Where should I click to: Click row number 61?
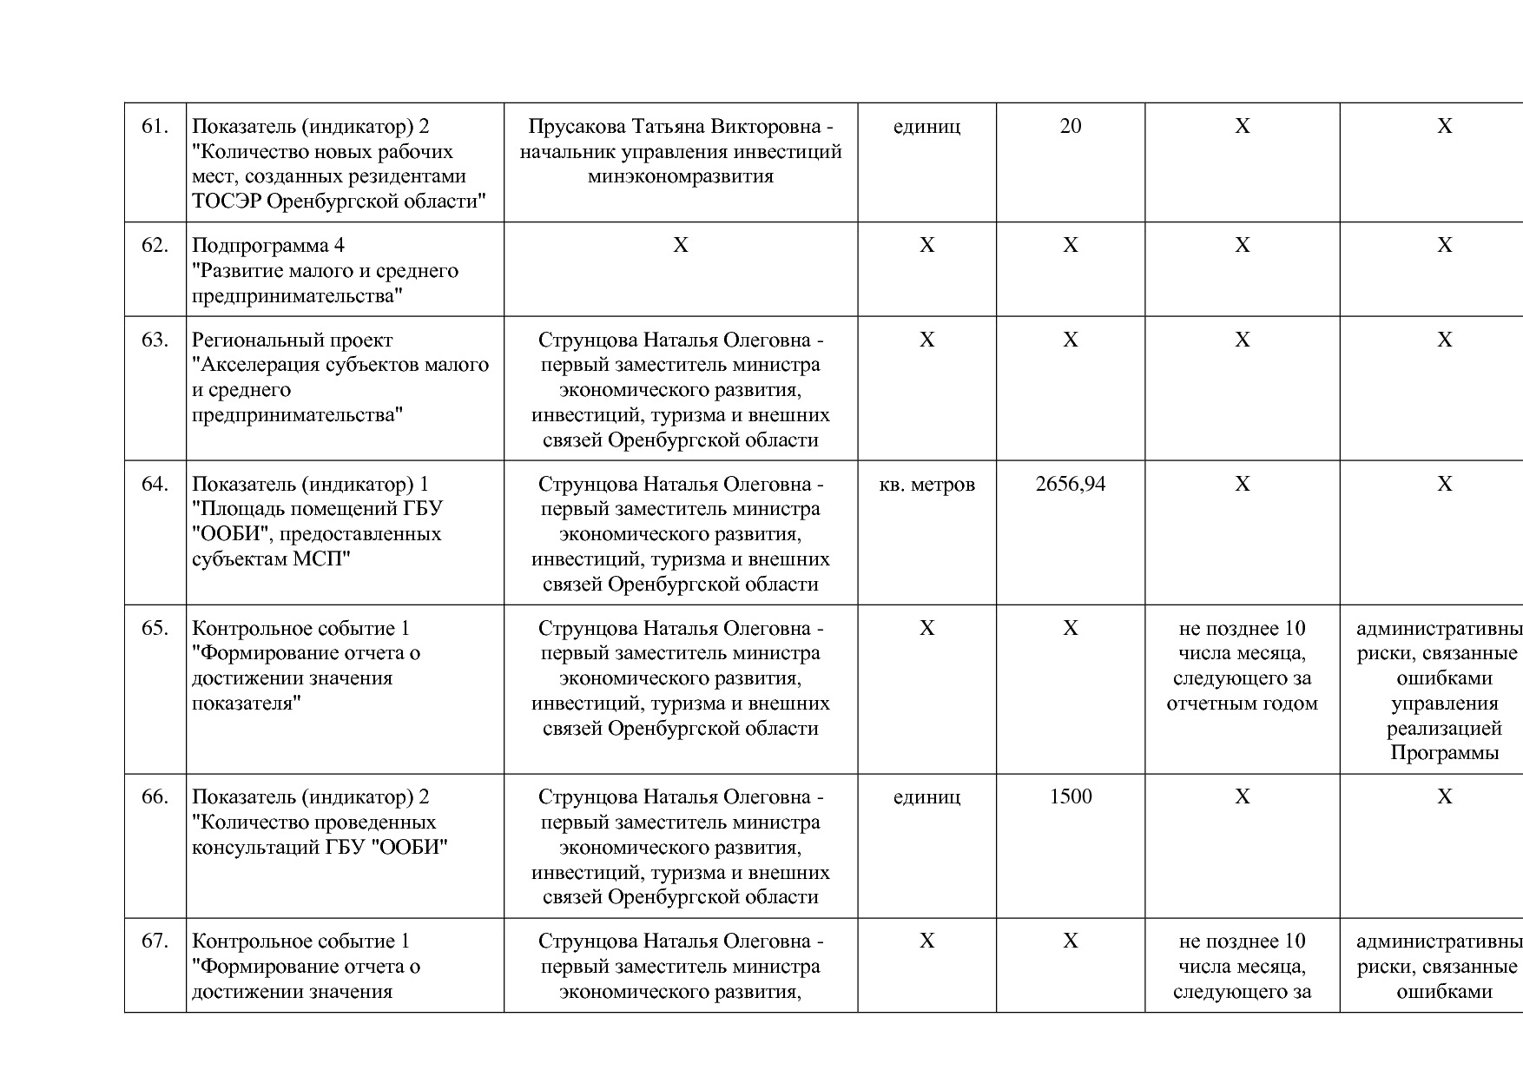[x=155, y=127]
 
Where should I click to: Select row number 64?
[x=155, y=485]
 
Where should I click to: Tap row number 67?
[x=155, y=942]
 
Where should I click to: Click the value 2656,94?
[x=1071, y=485]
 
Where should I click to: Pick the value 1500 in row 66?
[x=1071, y=797]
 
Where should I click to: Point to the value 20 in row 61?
[x=1071, y=127]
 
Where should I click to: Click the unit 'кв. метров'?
[x=926, y=485]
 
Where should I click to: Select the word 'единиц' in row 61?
[x=926, y=127]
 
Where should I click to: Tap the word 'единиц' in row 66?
[x=926, y=797]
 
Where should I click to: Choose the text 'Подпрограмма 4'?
[x=268, y=246]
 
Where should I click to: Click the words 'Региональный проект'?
[x=292, y=340]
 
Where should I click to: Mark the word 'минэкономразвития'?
[x=680, y=177]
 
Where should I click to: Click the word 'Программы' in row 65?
[x=1444, y=753]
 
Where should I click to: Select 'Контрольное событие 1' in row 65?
[x=300, y=629]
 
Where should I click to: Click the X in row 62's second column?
[x=680, y=246]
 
